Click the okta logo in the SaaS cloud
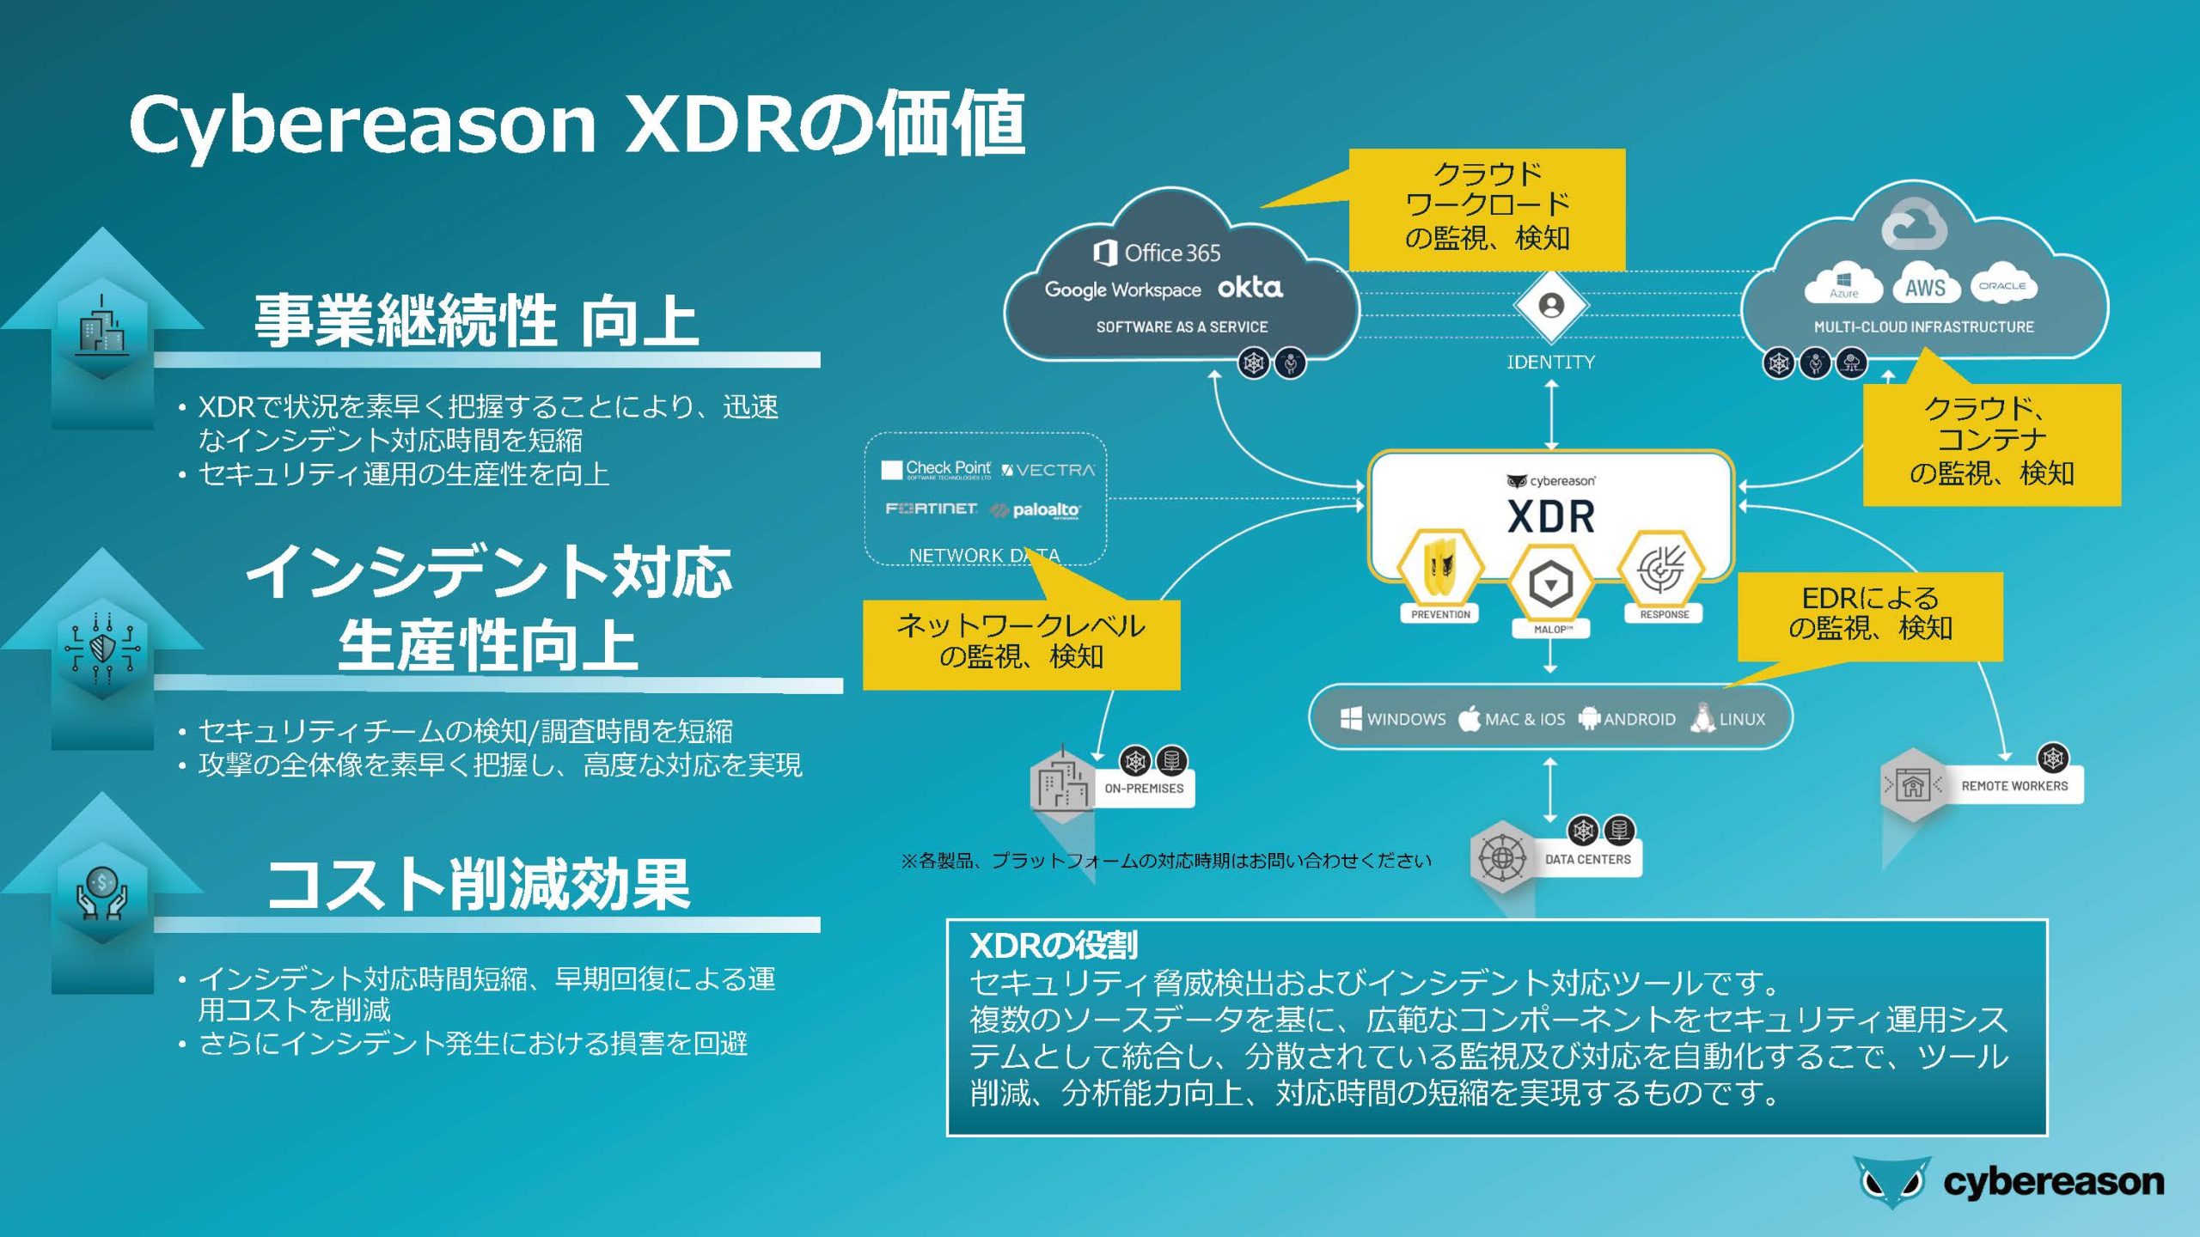pos(1250,288)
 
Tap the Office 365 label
pos(1157,253)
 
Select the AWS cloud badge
pos(1925,287)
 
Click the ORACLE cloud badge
pos(2002,284)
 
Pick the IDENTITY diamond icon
pos(1551,306)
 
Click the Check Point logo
pos(936,469)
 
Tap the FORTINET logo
pos(931,509)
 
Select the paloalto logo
pos(1036,510)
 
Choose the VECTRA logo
pos(1048,470)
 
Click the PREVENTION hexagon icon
pos(1439,568)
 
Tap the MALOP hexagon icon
pos(1550,584)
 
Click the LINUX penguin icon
pos(1702,718)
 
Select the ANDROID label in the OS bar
pos(1640,719)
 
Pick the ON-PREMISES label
pos(1144,788)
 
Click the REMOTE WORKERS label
pos(2014,786)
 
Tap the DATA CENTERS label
pos(1588,859)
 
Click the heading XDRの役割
pos(1054,946)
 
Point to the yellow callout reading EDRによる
pos(1870,616)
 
